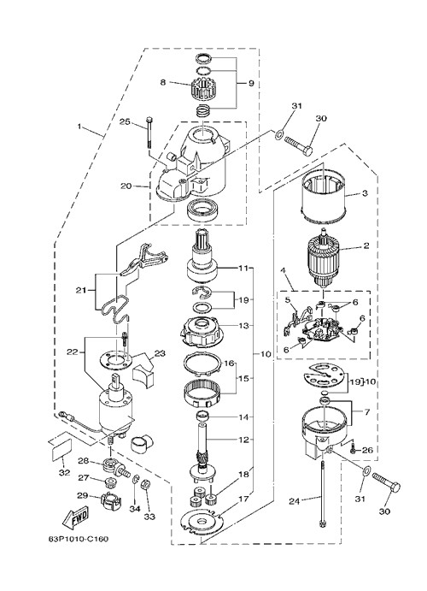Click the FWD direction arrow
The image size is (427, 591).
[75, 517]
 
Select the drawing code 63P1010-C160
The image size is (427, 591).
[78, 539]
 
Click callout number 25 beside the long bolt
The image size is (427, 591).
[125, 121]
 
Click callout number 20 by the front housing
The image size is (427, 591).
[126, 186]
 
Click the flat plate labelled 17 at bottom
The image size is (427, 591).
[202, 521]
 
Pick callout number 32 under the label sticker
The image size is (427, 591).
[64, 472]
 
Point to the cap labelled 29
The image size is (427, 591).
[111, 501]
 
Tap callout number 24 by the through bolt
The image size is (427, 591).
[294, 501]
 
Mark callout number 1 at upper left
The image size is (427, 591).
[79, 126]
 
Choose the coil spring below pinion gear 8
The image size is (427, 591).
[203, 111]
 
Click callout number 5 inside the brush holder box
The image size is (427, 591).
[288, 300]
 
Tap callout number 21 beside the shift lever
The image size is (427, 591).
[81, 290]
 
